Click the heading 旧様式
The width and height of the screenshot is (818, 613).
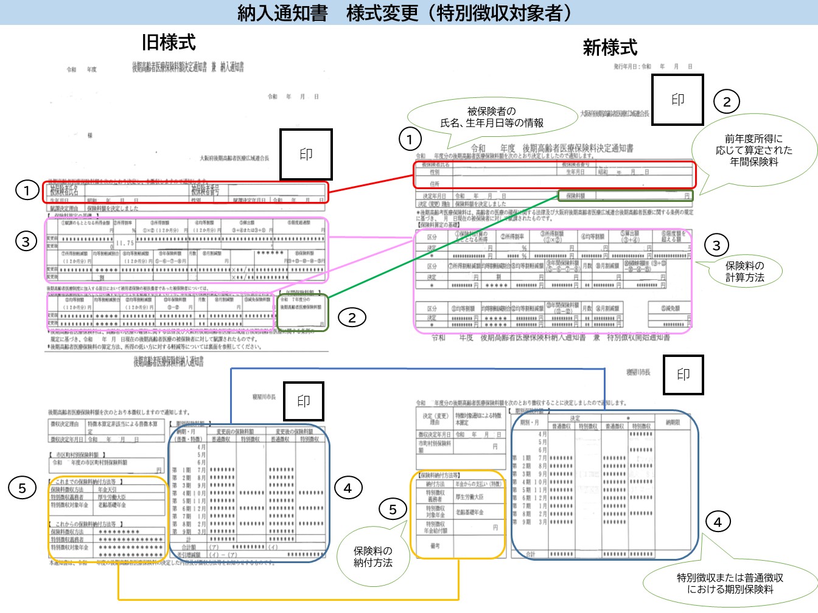click(x=169, y=43)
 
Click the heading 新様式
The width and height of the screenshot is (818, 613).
click(x=610, y=47)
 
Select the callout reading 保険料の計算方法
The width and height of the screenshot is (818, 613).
click(x=744, y=271)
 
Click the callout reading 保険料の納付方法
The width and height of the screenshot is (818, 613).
click(x=372, y=556)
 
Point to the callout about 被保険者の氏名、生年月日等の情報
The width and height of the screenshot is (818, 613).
click(x=492, y=117)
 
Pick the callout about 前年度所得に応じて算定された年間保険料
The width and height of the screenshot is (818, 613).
click(x=753, y=150)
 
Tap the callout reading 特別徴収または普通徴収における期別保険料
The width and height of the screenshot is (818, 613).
click(x=730, y=583)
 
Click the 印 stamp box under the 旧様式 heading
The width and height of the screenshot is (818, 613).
click(x=306, y=154)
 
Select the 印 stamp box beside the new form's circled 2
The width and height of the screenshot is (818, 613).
click(x=677, y=100)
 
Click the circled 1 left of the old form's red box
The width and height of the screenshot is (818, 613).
click(x=27, y=191)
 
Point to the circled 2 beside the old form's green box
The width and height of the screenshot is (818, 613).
click(x=352, y=317)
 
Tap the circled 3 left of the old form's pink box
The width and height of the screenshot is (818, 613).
click(x=26, y=242)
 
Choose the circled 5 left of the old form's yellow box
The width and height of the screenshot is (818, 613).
click(x=23, y=488)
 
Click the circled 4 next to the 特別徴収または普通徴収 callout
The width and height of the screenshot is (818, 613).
click(x=718, y=522)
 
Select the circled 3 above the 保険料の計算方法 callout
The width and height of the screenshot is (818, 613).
click(x=716, y=246)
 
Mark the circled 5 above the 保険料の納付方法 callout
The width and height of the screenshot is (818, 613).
click(x=393, y=510)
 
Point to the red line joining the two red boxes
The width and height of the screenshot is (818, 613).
click(x=371, y=184)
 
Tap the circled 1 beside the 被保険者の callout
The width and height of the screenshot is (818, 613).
click(x=410, y=140)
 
